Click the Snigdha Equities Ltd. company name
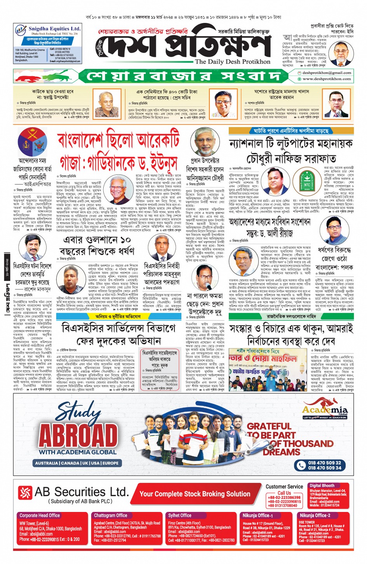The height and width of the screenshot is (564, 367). [54, 29]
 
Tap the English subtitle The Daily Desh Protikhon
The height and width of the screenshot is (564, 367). [232, 62]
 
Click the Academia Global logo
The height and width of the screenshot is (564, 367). [325, 409]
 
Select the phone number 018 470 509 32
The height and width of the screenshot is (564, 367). [324, 463]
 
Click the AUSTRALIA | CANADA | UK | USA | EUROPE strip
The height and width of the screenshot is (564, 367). [77, 463]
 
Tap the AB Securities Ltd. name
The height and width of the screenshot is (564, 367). [82, 492]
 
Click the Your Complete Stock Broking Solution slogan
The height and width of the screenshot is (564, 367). [195, 494]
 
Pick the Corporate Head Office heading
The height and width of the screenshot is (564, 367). [40, 515]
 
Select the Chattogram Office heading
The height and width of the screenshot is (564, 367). [111, 515]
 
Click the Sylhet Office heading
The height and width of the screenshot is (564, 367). [179, 515]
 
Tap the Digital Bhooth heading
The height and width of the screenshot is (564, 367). [322, 486]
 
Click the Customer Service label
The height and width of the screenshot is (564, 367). [284, 486]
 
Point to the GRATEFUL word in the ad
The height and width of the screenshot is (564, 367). [269, 426]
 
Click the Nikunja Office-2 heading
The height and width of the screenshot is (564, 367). [315, 515]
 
